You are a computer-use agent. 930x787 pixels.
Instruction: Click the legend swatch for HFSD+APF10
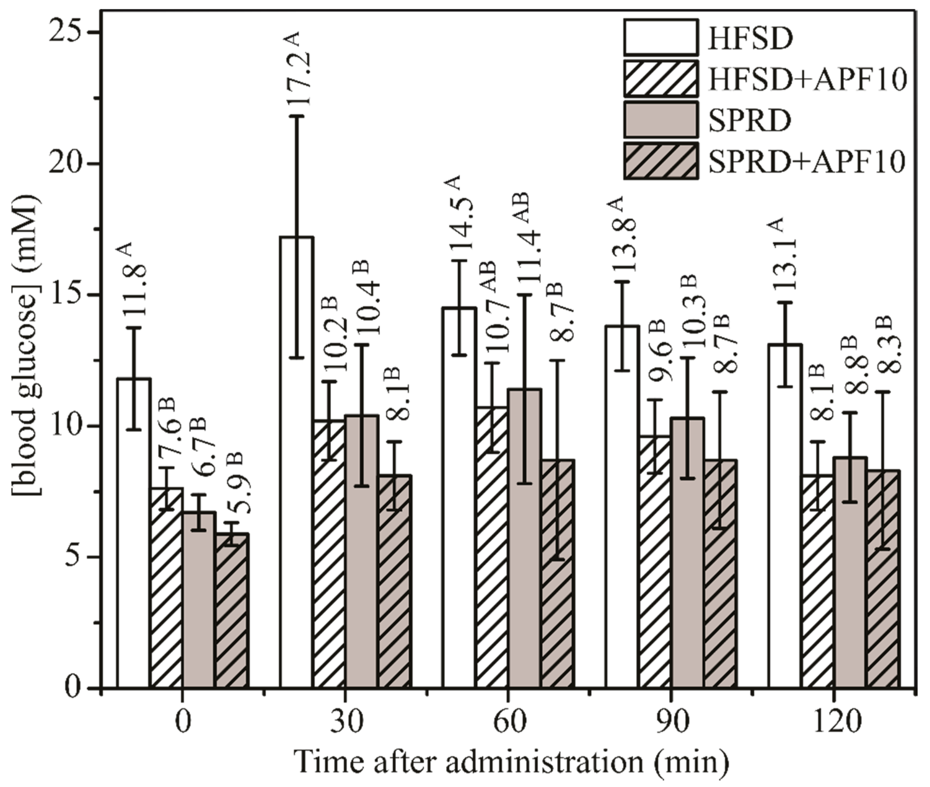click(x=660, y=78)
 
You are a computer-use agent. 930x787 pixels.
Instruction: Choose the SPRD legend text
click(x=750, y=120)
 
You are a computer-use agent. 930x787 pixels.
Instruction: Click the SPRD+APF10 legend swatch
click(x=660, y=161)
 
